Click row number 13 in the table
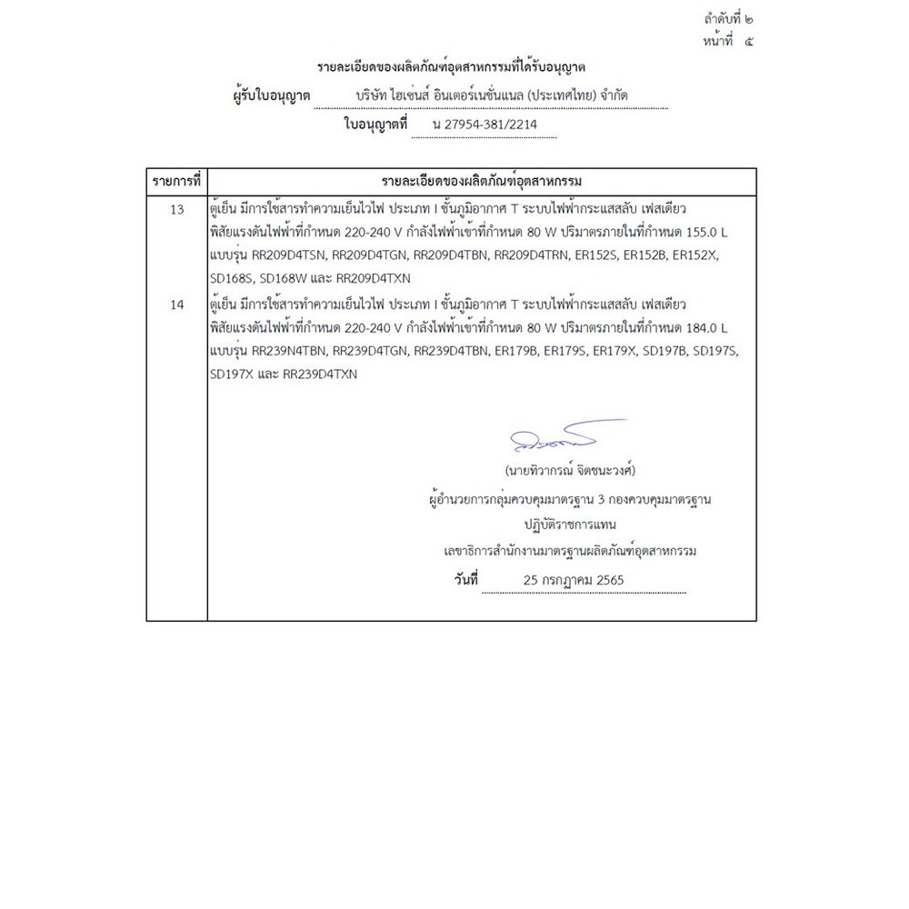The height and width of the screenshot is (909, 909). coord(177,209)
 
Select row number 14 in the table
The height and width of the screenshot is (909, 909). coord(177,305)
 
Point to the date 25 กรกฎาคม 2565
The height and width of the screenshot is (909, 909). coord(574,579)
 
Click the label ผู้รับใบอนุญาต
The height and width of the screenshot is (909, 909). coord(273,95)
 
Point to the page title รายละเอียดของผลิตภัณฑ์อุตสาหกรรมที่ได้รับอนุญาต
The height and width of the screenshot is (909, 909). coord(452,67)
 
